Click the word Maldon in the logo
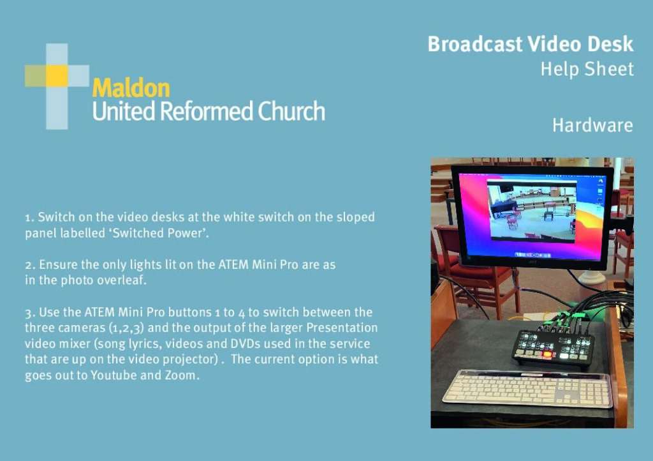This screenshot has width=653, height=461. click(131, 88)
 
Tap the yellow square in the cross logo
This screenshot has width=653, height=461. click(57, 76)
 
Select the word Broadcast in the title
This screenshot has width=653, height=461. click(474, 44)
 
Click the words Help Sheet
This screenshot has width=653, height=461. click(587, 69)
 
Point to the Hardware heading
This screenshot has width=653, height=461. click(592, 125)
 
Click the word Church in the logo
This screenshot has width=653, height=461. click(291, 111)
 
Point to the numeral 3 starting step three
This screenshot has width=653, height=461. click(28, 313)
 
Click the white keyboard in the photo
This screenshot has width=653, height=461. click(528, 388)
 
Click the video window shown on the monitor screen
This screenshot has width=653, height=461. click(531, 211)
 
